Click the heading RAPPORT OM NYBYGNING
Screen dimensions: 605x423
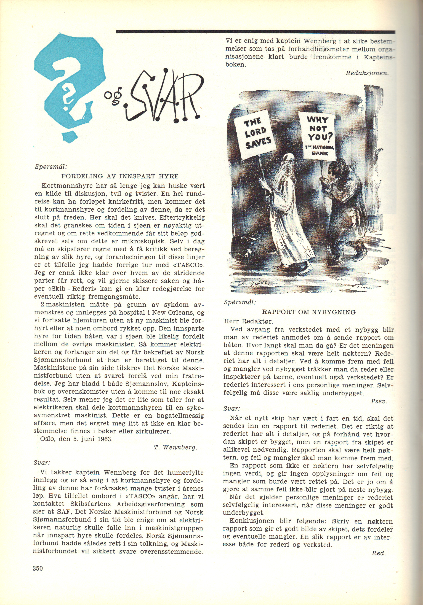pyautogui.click(x=308, y=312)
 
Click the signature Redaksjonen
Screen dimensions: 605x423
pyautogui.click(x=367, y=73)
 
